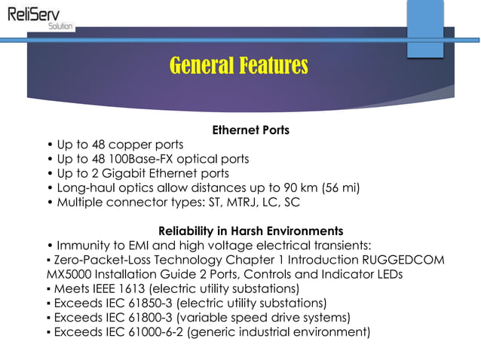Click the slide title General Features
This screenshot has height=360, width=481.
click(x=239, y=66)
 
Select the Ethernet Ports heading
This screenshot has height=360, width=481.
click(x=251, y=130)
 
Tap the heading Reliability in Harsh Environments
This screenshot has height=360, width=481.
click(x=251, y=230)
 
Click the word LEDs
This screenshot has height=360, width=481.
click(x=390, y=274)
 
